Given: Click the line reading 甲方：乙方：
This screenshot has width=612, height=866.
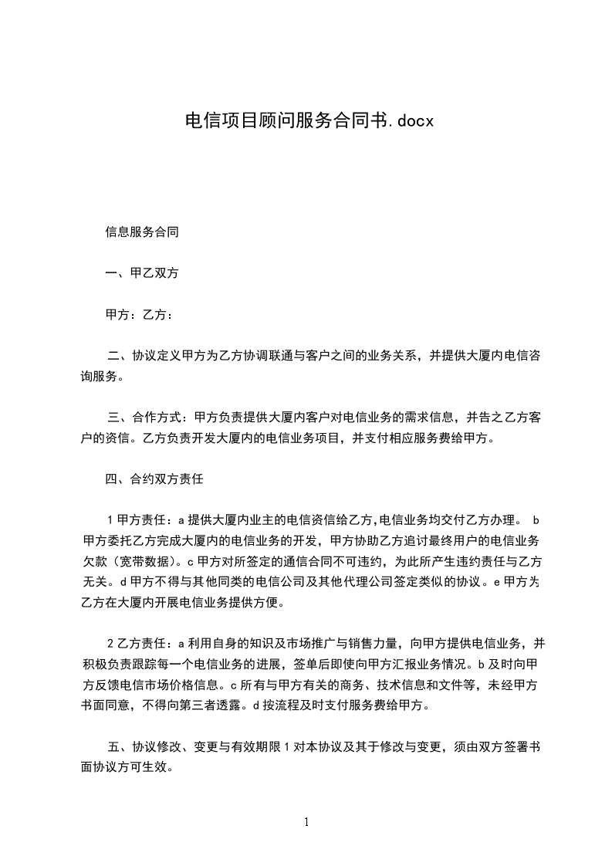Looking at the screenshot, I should (140, 315).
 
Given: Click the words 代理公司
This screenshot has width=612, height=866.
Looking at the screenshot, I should (353, 584).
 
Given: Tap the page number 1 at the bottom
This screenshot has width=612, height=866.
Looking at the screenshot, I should (306, 822).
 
